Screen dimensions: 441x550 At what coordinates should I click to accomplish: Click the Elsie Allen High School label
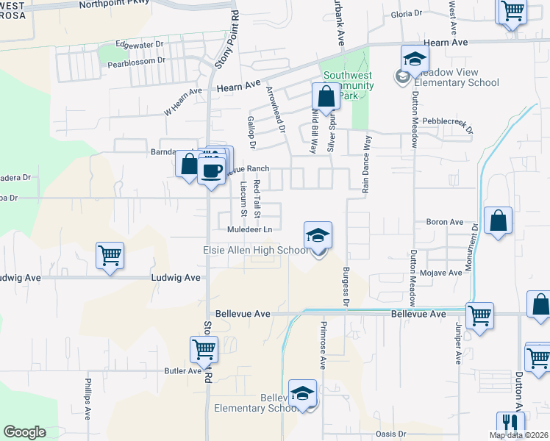pos(256,251)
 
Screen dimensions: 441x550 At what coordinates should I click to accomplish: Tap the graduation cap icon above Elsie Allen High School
pos(318,235)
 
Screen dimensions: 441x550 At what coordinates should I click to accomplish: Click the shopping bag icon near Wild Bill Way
pos(325,96)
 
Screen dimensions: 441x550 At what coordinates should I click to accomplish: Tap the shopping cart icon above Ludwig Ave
pos(110,256)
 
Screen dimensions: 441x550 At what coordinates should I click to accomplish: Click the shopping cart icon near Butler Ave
pos(204,349)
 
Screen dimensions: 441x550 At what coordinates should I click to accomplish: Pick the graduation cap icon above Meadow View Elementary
pos(415,59)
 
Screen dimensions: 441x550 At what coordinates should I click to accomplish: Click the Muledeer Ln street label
pos(250,230)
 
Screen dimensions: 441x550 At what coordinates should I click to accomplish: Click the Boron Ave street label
pos(444,221)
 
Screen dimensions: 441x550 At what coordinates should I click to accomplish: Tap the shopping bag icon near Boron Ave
pos(498,220)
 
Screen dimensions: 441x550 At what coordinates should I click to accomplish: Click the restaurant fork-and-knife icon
pos(510,423)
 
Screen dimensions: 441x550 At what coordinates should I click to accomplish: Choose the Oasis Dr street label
pos(390,434)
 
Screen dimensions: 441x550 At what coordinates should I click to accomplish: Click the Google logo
pos(24,432)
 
